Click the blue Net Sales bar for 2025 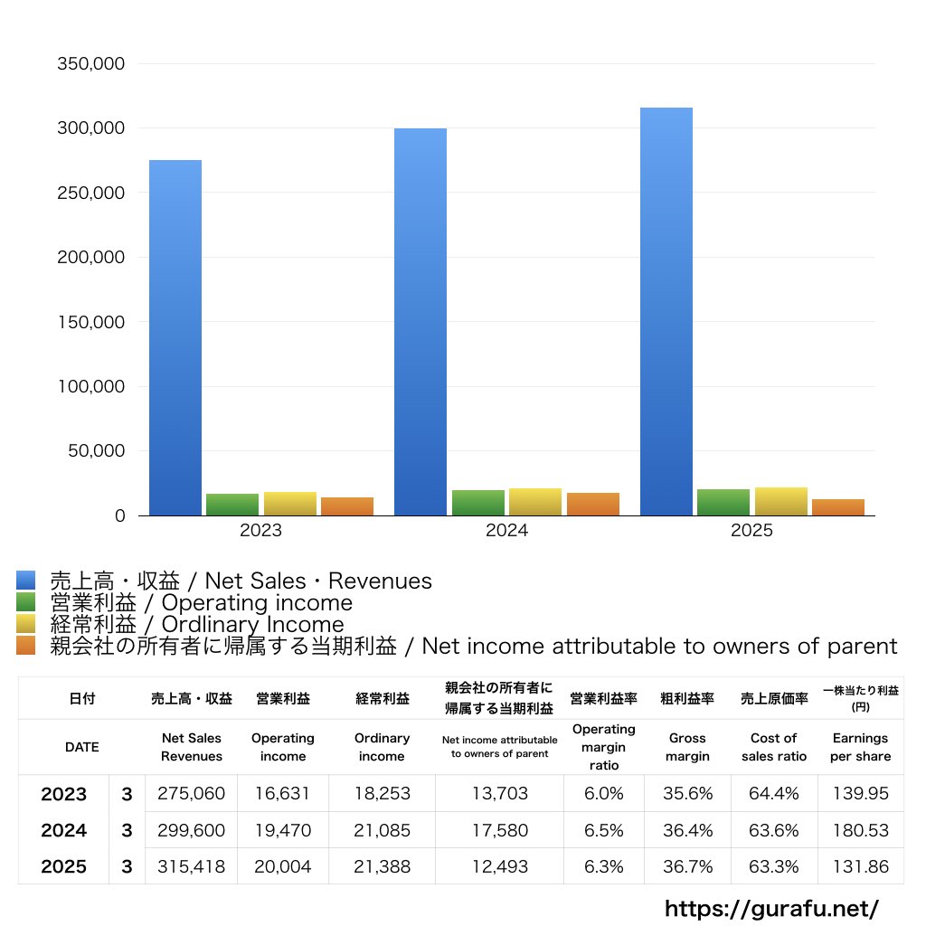pyautogui.click(x=666, y=312)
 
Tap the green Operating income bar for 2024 pyautogui.click(x=477, y=503)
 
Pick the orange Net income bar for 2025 pyautogui.click(x=838, y=507)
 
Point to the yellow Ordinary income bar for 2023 pyautogui.click(x=290, y=504)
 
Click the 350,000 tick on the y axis pyautogui.click(x=90, y=64)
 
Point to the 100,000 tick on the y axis pyautogui.click(x=90, y=387)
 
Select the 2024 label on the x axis pyautogui.click(x=506, y=531)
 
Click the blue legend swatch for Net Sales pyautogui.click(x=25, y=581)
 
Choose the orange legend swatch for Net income pyautogui.click(x=25, y=646)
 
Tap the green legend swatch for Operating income pyautogui.click(x=25, y=602)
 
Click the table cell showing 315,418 pyautogui.click(x=191, y=866)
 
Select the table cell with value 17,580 pyautogui.click(x=499, y=830)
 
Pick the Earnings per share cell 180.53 pyautogui.click(x=860, y=830)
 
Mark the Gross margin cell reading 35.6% pyautogui.click(x=687, y=794)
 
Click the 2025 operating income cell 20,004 pyautogui.click(x=282, y=866)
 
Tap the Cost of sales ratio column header pyautogui.click(x=774, y=747)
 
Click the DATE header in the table pyautogui.click(x=81, y=747)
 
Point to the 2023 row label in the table pyautogui.click(x=64, y=794)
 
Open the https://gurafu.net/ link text pyautogui.click(x=771, y=908)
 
